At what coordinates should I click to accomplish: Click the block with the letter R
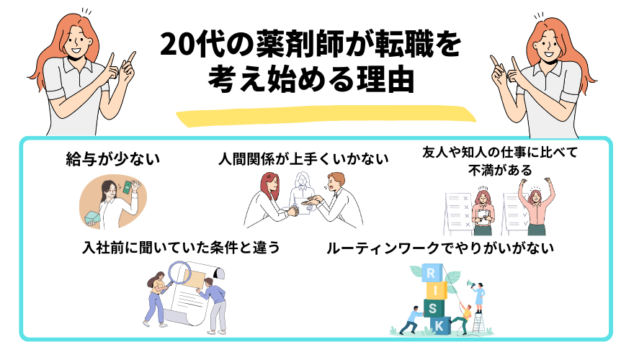[432, 273]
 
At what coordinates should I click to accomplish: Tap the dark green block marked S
[434, 308]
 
